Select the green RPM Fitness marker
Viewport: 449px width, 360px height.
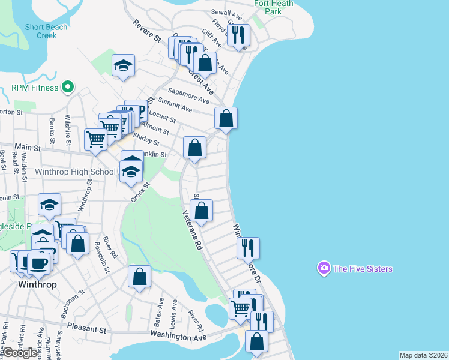tap(68, 88)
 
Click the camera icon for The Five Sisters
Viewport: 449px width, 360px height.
tap(324, 268)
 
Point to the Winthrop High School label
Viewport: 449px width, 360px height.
tap(76, 172)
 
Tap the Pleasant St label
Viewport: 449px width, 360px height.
tap(86, 329)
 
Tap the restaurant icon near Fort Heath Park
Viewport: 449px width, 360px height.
tap(240, 35)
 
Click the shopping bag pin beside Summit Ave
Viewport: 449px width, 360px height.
tap(226, 118)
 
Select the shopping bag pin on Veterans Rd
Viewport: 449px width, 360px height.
tap(202, 210)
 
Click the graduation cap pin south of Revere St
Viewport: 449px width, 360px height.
tap(124, 65)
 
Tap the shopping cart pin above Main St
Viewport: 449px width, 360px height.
tap(96, 139)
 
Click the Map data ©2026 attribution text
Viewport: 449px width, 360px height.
tap(423, 355)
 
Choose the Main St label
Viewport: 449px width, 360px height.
tap(28, 147)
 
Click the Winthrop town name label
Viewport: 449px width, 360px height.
tap(38, 284)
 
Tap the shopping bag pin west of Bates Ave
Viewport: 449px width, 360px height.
tap(139, 277)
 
